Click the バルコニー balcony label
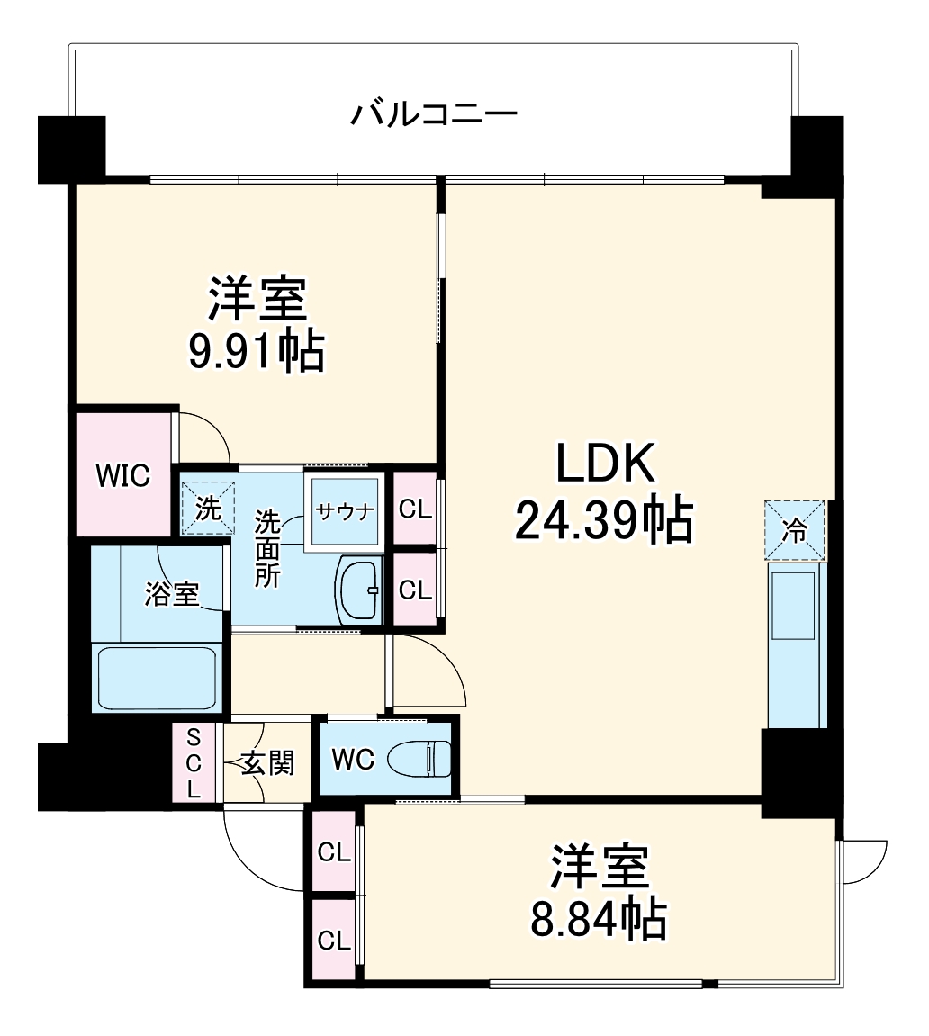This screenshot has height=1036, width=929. (434, 115)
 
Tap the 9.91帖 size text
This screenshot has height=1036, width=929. (255, 352)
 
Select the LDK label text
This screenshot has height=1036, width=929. (603, 464)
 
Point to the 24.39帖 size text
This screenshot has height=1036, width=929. (603, 520)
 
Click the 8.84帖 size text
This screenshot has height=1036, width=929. (599, 919)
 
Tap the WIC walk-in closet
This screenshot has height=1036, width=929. (123, 475)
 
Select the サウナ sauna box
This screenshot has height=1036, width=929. (344, 511)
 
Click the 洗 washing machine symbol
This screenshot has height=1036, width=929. (208, 509)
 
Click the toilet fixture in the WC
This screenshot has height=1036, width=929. (421, 759)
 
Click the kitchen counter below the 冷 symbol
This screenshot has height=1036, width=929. (797, 644)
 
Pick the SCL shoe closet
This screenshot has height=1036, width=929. (194, 763)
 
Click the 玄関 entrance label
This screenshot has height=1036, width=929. (267, 764)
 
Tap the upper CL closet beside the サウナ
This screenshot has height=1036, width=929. (415, 509)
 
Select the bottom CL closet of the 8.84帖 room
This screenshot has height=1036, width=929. (333, 941)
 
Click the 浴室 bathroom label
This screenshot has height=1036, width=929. (172, 594)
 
